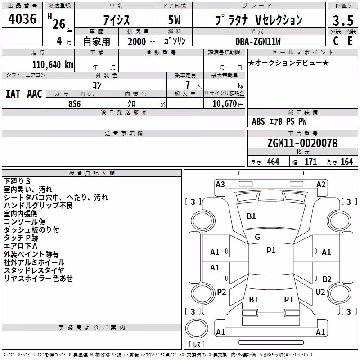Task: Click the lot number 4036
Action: pos(22,19)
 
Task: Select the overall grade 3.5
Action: pos(343,20)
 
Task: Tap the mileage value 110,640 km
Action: pos(53,65)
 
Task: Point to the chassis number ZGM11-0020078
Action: pos(302,143)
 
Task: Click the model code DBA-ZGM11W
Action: pos(258,41)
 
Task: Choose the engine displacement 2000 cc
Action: pos(141,41)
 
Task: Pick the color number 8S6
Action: pos(75,104)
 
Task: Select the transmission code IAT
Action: pos(13,94)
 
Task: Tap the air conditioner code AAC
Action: pos(35,94)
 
